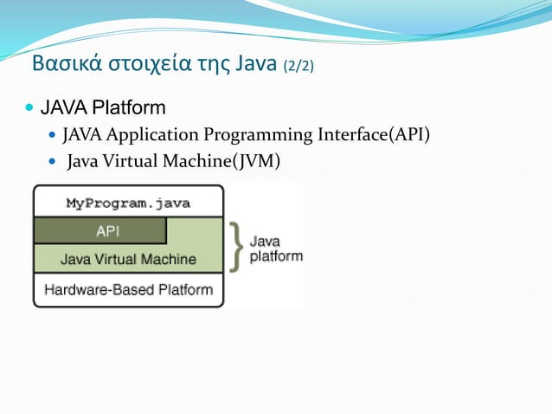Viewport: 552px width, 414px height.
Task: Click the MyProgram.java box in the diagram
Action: [x=128, y=204]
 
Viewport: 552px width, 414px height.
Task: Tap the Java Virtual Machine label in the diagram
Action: [x=128, y=259]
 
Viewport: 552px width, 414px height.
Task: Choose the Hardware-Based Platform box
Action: [x=128, y=289]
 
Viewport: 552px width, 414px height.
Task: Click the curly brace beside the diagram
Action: [x=235, y=246]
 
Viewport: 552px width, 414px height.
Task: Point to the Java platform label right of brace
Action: [x=276, y=249]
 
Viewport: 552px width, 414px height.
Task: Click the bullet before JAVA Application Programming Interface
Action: [x=52, y=136]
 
